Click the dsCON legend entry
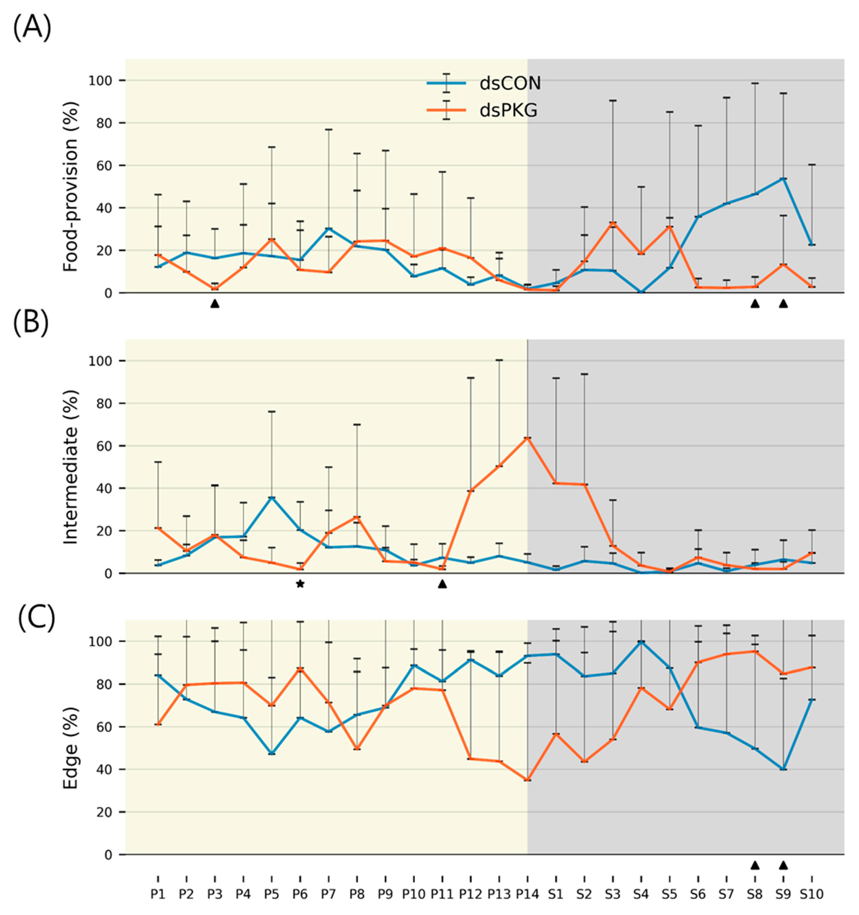(x=484, y=83)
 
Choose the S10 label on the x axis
(x=811, y=894)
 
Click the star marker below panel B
(x=300, y=584)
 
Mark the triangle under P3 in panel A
(x=214, y=303)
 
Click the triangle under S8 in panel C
(x=754, y=865)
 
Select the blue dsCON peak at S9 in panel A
(x=783, y=178)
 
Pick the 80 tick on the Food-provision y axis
(x=107, y=123)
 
